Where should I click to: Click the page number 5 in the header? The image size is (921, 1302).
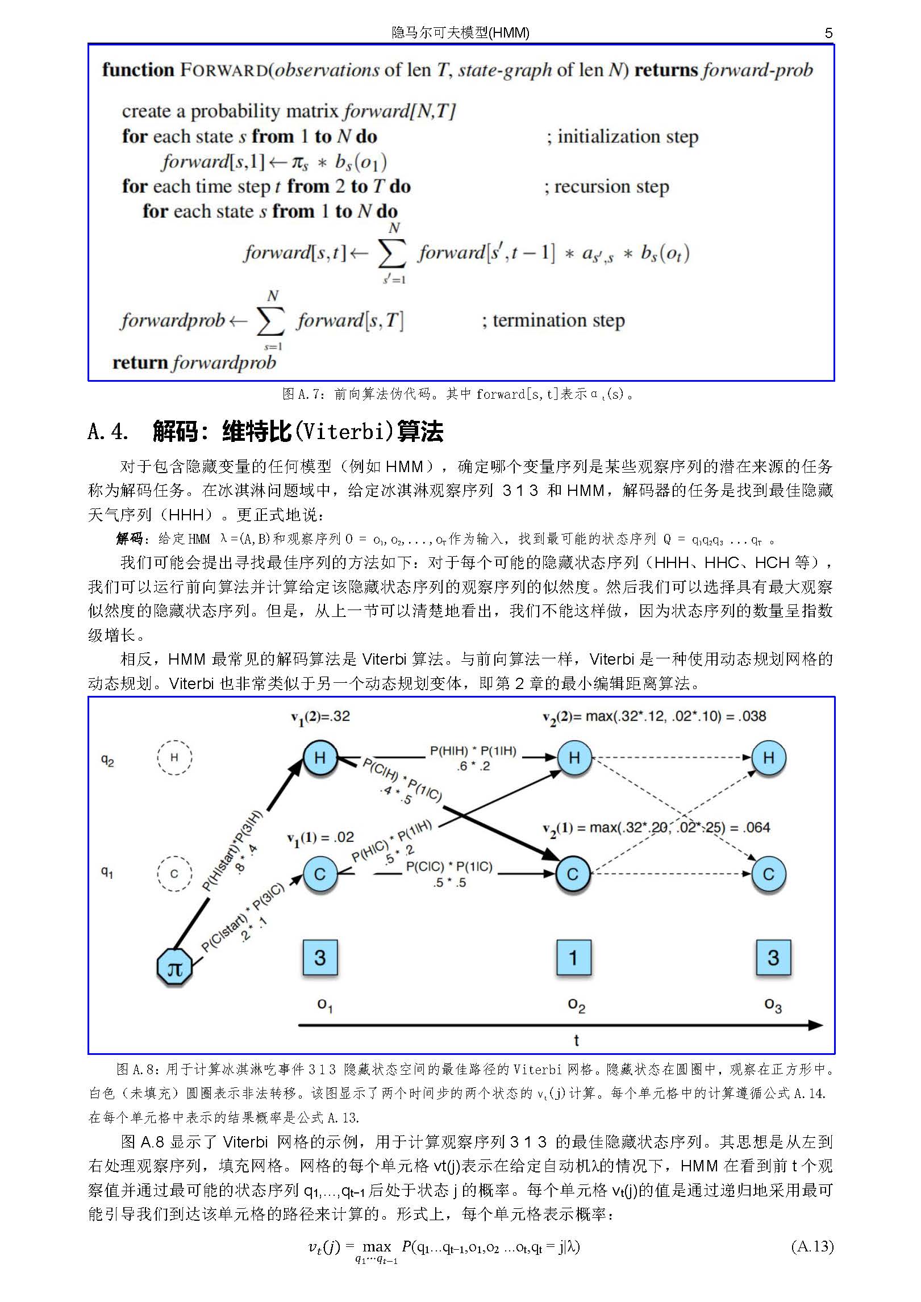(828, 33)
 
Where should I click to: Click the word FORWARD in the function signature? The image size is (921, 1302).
(224, 70)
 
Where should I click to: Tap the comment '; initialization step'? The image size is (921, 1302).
(622, 137)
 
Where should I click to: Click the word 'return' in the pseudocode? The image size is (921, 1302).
(140, 362)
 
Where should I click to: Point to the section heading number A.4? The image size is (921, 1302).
(108, 432)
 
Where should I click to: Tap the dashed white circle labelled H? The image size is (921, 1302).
(174, 757)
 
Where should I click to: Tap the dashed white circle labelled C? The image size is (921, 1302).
(174, 873)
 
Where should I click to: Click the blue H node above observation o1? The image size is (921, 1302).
(320, 757)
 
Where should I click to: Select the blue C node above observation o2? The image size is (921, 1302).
(573, 874)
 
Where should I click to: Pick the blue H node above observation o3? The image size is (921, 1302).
(769, 757)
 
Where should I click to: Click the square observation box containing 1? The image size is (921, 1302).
(573, 957)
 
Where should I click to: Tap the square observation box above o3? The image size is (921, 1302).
(773, 957)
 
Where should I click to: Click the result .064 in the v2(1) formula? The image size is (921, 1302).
(757, 827)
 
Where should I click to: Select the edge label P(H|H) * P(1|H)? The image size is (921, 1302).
(473, 751)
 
